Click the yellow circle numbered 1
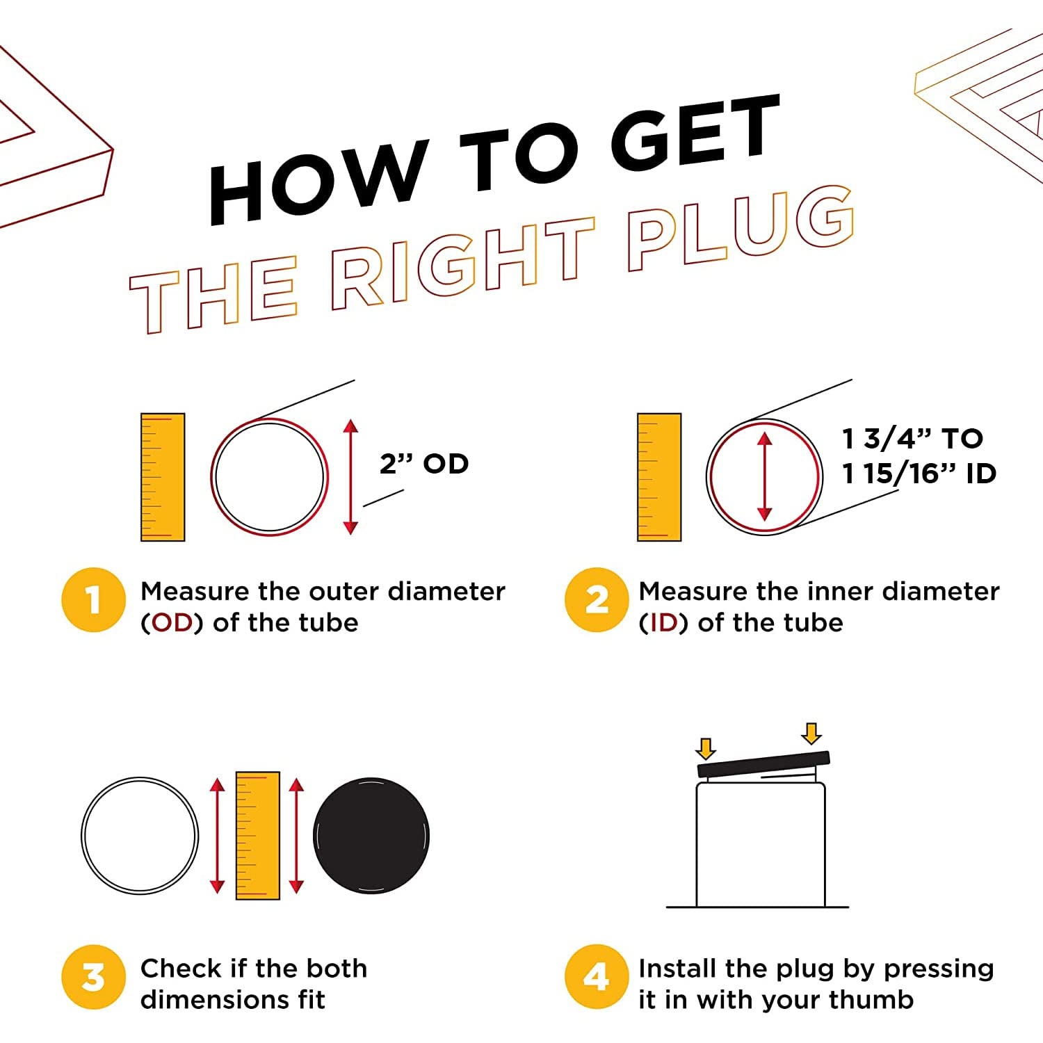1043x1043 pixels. (94, 600)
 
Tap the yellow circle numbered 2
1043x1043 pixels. (597, 600)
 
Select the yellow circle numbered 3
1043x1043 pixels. (94, 977)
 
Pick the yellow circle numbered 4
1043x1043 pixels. (597, 977)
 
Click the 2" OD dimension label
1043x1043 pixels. (424, 463)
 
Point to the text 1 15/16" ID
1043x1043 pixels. (919, 474)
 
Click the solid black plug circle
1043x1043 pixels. (371, 836)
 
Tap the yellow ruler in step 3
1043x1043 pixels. (258, 836)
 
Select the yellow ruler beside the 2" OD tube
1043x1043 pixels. (163, 477)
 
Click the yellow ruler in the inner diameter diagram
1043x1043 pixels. (659, 477)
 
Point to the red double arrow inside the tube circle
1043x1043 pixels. (765, 477)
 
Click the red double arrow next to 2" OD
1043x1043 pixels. (350, 477)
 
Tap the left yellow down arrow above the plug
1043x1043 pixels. (706, 748)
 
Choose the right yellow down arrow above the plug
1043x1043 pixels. (811, 734)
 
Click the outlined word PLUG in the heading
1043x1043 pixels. (741, 228)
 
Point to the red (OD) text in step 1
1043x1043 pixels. (172, 622)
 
